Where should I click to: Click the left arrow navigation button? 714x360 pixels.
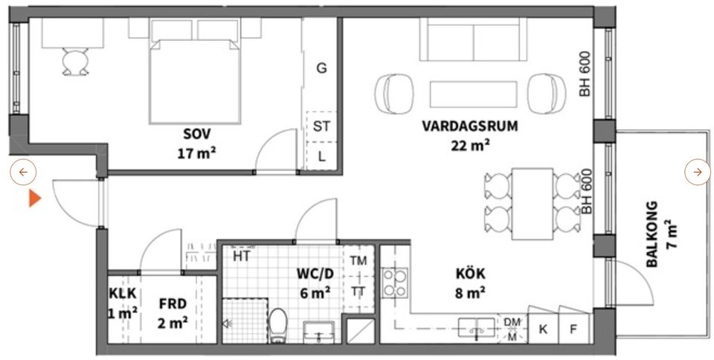[x=23, y=173]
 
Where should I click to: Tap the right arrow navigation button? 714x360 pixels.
[x=697, y=173]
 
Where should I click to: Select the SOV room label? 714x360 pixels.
[x=197, y=134]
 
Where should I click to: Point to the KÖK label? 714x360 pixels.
[x=470, y=273]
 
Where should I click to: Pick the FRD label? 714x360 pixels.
[x=173, y=303]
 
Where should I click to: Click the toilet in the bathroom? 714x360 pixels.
[x=279, y=325]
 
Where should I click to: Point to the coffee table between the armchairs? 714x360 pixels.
[x=474, y=93]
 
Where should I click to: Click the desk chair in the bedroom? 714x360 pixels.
[x=73, y=62]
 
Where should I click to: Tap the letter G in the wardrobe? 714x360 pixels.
[x=322, y=68]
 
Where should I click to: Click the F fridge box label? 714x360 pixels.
[x=573, y=328]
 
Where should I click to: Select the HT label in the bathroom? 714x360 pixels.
[x=240, y=257]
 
